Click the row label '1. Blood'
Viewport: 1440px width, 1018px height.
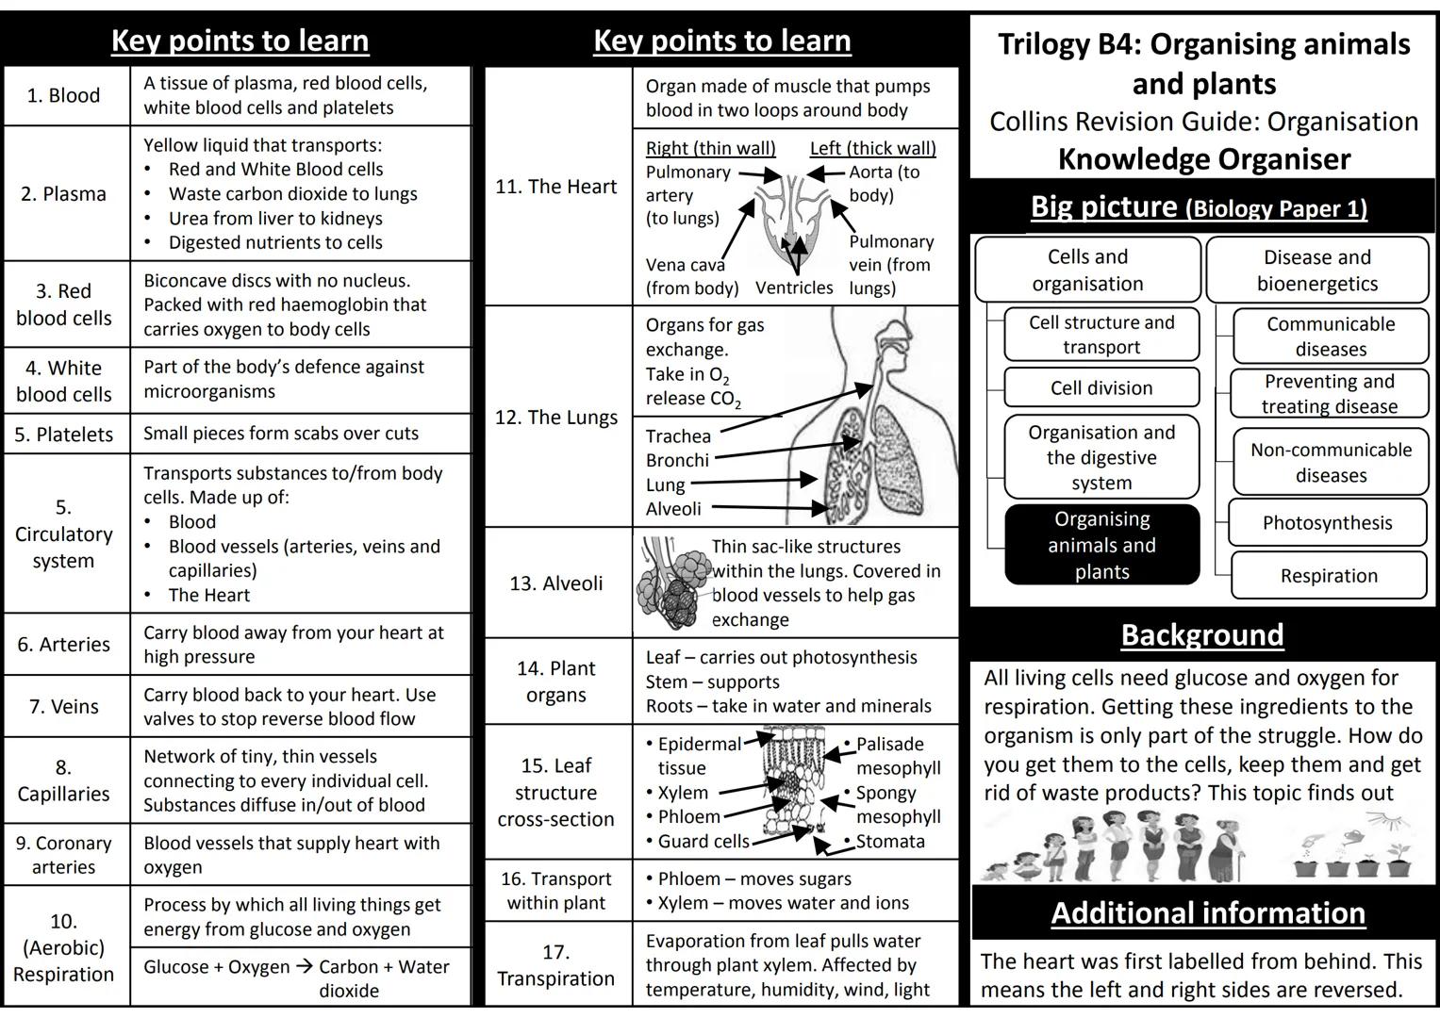click(x=63, y=95)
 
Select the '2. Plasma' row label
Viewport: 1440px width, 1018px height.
click(x=63, y=194)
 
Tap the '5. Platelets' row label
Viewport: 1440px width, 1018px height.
click(x=63, y=435)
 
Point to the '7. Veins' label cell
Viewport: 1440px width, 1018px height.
click(x=63, y=706)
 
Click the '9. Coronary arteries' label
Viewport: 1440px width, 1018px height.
click(x=63, y=855)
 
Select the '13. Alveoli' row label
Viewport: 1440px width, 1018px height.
click(x=555, y=583)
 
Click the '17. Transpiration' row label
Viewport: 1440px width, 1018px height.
click(x=555, y=965)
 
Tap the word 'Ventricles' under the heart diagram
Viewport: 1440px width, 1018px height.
click(x=794, y=287)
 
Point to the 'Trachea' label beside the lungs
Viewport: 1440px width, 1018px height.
click(x=678, y=436)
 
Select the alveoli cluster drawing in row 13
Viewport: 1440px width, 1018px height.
click(x=672, y=584)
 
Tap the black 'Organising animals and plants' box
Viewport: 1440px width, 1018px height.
click(x=1101, y=545)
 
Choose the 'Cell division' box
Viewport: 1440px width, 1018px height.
click(x=1101, y=388)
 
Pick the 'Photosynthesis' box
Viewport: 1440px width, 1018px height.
click(x=1327, y=523)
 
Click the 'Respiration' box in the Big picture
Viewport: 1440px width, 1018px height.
click(x=1329, y=576)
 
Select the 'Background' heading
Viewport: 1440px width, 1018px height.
click(x=1202, y=635)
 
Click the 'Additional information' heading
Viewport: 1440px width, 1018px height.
click(x=1208, y=912)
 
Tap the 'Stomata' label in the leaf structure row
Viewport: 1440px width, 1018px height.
click(x=889, y=842)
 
